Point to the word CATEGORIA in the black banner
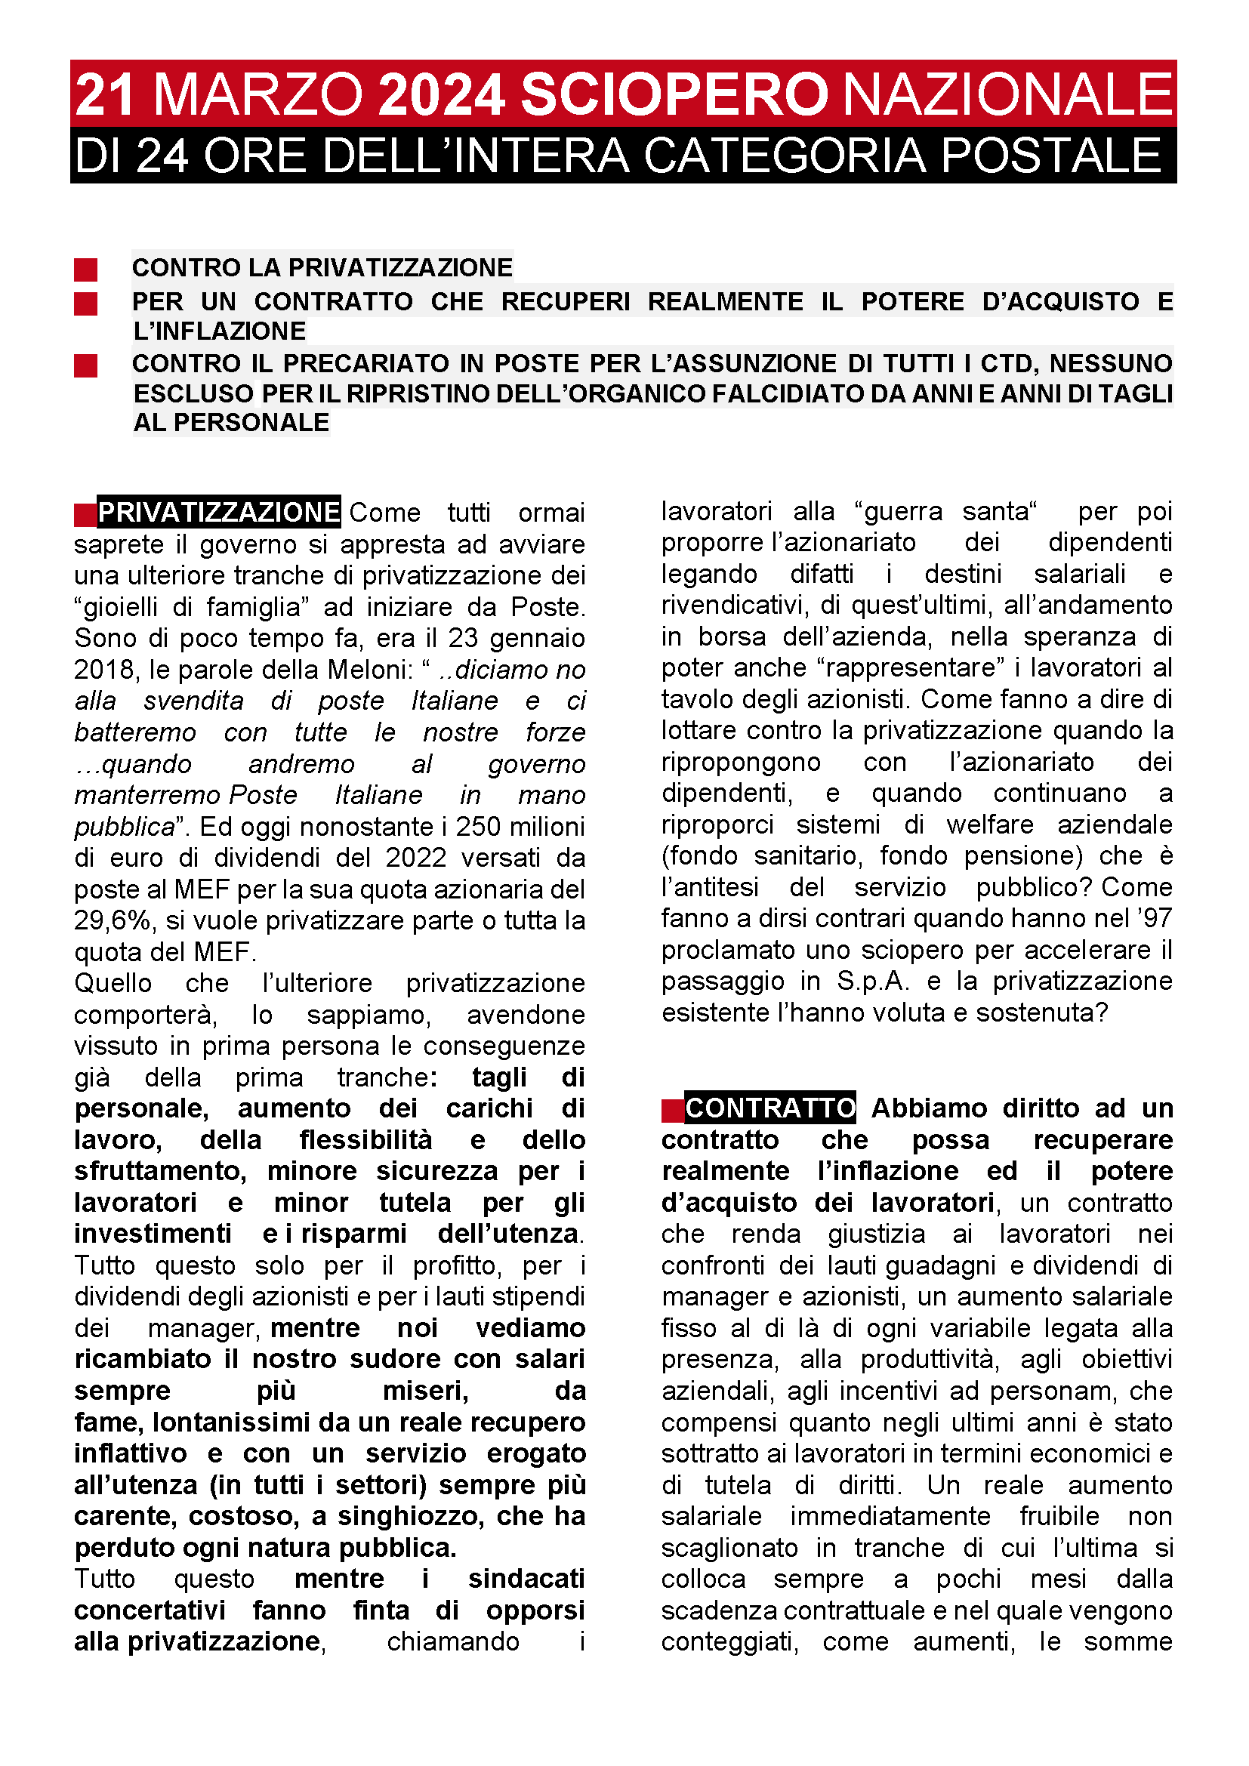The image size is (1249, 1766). tap(785, 156)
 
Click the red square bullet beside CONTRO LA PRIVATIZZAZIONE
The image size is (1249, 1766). tap(85, 270)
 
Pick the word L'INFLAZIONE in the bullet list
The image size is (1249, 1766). tap(219, 331)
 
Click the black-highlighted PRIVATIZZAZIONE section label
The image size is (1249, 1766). tap(218, 512)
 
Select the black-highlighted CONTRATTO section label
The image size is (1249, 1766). tap(769, 1108)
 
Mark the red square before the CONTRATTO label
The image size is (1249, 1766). tap(672, 1110)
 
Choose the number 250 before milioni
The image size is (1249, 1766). tap(477, 827)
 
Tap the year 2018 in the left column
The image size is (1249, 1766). tap(100, 669)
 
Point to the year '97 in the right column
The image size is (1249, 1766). tap(1151, 918)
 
